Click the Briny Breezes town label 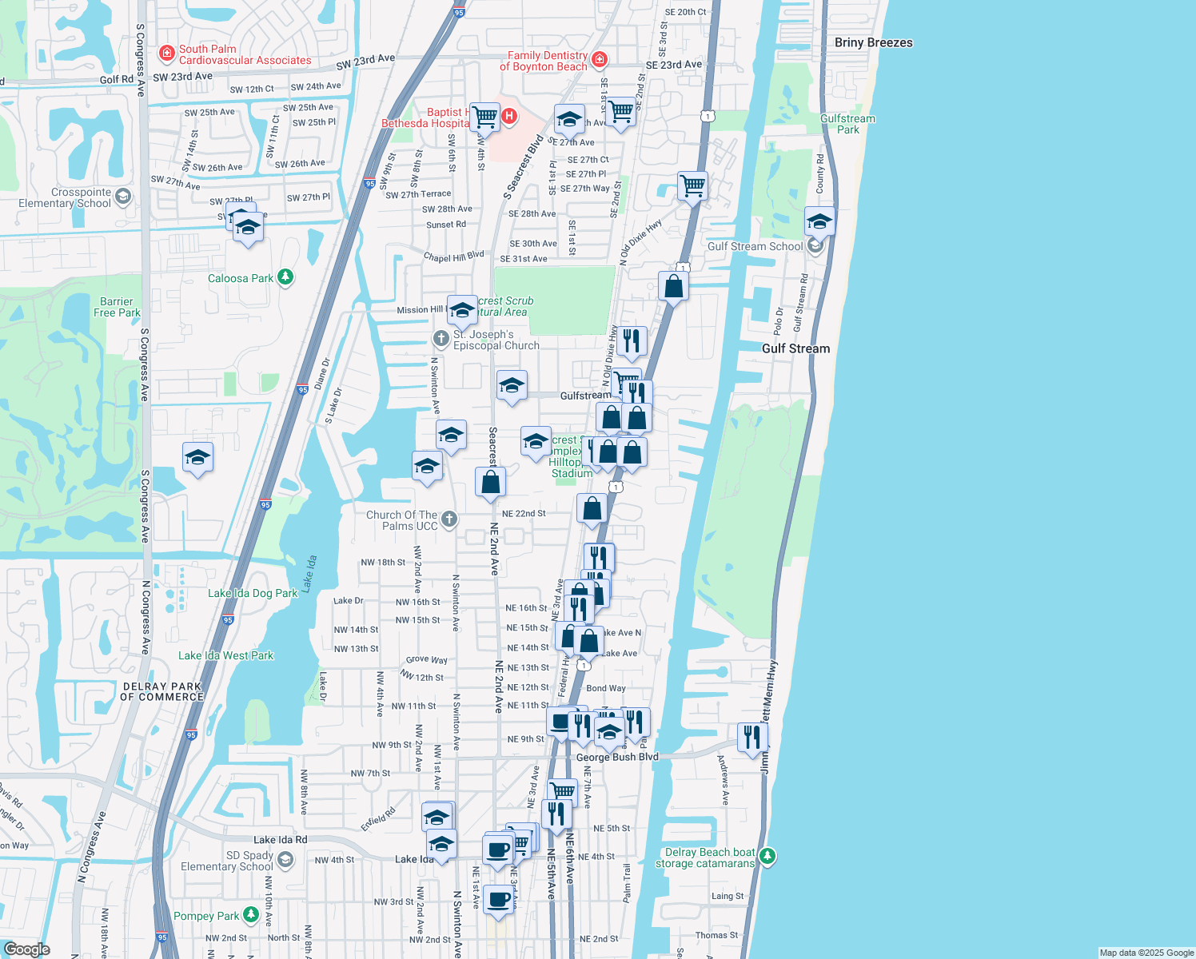[873, 42]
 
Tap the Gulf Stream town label [795, 348]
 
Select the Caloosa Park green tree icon [285, 277]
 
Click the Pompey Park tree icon [251, 914]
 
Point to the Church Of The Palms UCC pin [449, 519]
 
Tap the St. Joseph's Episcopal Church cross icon [441, 339]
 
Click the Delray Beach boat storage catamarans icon [767, 857]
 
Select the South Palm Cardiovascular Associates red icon [167, 54]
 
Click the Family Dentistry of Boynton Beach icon [599, 60]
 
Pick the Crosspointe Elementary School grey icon [122, 197]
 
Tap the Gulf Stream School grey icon [815, 245]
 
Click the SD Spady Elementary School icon [285, 860]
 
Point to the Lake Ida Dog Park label [253, 593]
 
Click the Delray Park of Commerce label [162, 691]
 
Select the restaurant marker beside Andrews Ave [752, 738]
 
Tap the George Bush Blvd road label [617, 757]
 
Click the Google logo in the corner [26, 949]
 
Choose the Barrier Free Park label [117, 307]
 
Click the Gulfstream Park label [847, 124]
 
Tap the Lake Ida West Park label [225, 655]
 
